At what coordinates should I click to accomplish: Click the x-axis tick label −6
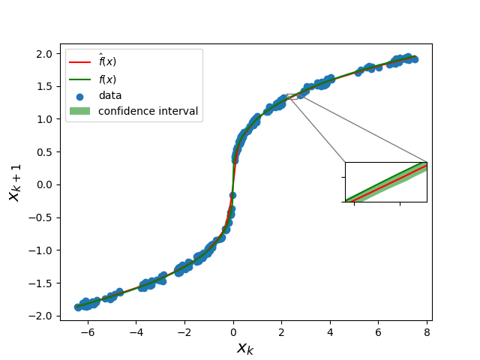tap(88, 332)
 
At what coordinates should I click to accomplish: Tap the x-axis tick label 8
tap(427, 332)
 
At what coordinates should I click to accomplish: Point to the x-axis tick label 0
tap(233, 332)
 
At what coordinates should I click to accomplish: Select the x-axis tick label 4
tap(330, 332)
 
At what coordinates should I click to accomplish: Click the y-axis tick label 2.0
tap(44, 54)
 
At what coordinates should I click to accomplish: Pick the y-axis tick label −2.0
tap(40, 316)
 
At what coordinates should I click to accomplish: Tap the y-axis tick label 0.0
tap(44, 185)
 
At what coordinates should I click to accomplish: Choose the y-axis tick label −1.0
tap(40, 250)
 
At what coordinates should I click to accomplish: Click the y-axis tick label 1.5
tap(44, 87)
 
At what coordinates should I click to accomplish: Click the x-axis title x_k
tap(245, 348)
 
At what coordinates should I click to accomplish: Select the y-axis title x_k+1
tap(15, 183)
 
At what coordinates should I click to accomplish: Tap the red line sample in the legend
tap(80, 62)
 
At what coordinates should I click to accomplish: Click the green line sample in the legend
tap(80, 79)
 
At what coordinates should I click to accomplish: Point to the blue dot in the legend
tap(80, 97)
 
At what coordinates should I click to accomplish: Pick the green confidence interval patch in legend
tap(80, 111)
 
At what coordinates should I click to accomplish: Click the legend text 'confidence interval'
tap(148, 111)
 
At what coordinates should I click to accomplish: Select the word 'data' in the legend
tap(110, 95)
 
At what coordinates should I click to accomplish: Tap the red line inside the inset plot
tap(388, 184)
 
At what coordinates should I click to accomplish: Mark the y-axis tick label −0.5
tap(40, 217)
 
